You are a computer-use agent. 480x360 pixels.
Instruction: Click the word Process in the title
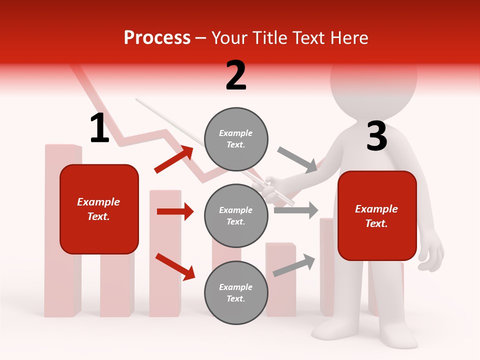pos(157,38)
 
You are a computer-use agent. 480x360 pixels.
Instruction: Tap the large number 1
pos(99,128)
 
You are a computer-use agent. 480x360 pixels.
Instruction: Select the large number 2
pos(236,75)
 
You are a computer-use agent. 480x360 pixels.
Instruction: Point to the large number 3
pos(376,136)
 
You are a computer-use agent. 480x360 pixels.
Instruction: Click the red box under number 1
pos(99,209)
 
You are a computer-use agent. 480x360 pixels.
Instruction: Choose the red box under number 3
pos(377,216)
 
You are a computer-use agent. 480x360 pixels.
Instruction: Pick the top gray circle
pos(236,139)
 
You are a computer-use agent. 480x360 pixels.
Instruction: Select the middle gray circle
pos(236,216)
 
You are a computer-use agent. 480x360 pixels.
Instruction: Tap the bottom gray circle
pos(236,293)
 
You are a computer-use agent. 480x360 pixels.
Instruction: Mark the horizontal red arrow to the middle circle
pos(175,211)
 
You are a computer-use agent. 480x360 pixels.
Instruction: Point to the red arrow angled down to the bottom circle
pos(175,266)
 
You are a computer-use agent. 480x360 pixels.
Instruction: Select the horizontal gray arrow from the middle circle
pos(296,210)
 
